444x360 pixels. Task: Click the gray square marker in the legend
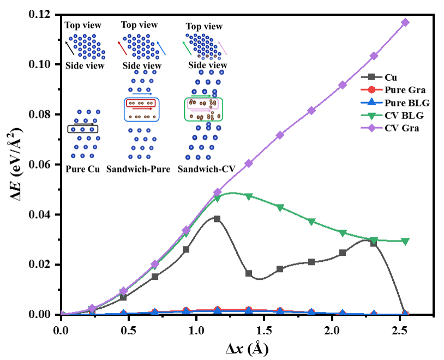(371, 77)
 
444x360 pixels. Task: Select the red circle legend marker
(371, 89)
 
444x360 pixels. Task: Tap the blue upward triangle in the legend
(371, 102)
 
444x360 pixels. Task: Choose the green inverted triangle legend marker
(371, 115)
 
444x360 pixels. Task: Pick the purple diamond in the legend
(371, 128)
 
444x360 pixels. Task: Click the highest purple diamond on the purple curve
(405, 22)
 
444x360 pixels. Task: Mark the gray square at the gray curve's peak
(217, 219)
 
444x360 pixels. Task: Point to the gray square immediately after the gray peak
(249, 273)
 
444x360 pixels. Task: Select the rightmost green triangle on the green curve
(405, 242)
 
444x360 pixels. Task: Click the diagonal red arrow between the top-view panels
(122, 47)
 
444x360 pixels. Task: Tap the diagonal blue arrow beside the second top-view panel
(161, 49)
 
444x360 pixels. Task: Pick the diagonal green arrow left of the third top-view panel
(187, 47)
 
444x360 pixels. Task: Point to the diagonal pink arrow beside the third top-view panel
(223, 49)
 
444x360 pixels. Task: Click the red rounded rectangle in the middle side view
(141, 103)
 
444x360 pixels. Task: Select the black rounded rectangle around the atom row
(83, 129)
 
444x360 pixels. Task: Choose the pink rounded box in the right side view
(203, 103)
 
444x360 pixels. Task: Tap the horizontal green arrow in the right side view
(201, 96)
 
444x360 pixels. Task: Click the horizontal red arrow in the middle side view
(142, 109)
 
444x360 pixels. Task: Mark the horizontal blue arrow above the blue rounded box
(142, 94)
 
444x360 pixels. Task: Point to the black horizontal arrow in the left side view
(83, 124)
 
